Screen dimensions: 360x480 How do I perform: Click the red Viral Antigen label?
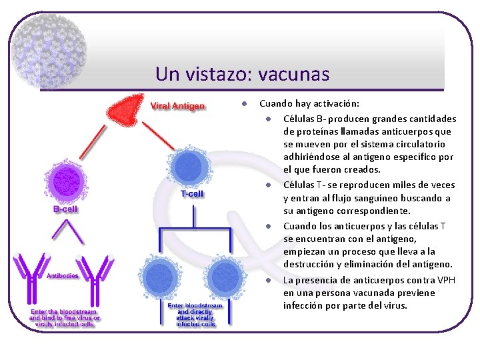coord(177,106)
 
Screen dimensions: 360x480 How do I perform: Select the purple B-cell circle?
coord(66,181)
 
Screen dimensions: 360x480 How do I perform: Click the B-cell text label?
coord(65,209)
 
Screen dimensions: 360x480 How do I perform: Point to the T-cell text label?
coord(192,194)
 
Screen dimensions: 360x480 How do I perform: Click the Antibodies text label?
coord(63,275)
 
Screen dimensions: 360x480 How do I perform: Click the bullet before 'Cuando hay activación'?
coord(245,104)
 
